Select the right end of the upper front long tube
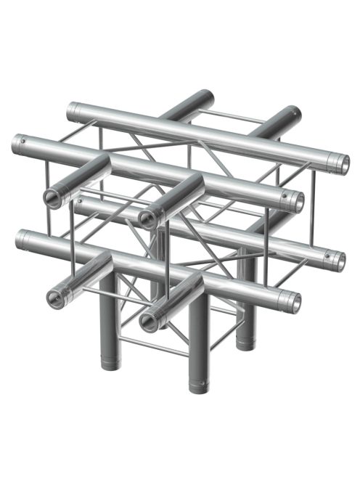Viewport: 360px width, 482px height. [x=296, y=203]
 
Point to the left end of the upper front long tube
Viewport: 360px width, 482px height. [x=18, y=142]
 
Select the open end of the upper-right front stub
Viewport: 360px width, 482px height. [x=148, y=217]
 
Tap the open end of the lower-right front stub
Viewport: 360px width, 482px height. [x=149, y=320]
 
